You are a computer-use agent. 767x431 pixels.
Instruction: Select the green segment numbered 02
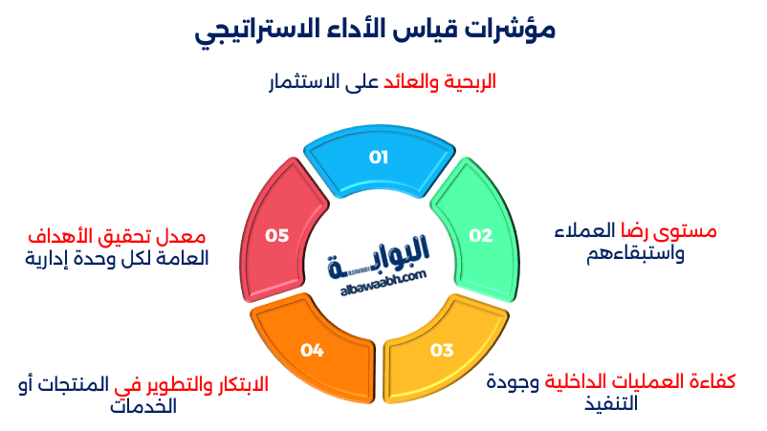(x=479, y=235)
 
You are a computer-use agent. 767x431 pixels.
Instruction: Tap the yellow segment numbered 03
(x=441, y=350)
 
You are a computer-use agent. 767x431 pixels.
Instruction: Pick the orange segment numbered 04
(x=312, y=350)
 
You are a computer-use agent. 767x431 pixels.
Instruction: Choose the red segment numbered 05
(x=277, y=235)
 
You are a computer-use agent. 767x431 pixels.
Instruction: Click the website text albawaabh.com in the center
(x=383, y=278)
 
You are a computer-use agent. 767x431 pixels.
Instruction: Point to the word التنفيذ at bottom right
(x=624, y=402)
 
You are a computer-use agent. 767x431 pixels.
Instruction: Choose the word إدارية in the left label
(x=49, y=258)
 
